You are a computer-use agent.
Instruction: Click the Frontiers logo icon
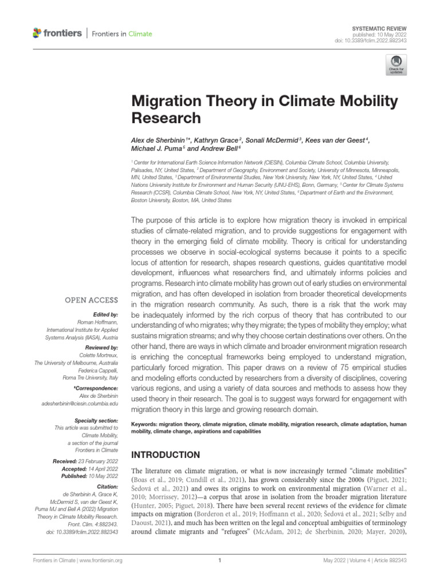click(x=38, y=33)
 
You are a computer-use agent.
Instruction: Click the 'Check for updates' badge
click(x=395, y=64)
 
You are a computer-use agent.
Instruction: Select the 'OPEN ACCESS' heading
click(x=93, y=299)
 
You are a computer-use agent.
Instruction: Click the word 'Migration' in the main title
click(x=166, y=101)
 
